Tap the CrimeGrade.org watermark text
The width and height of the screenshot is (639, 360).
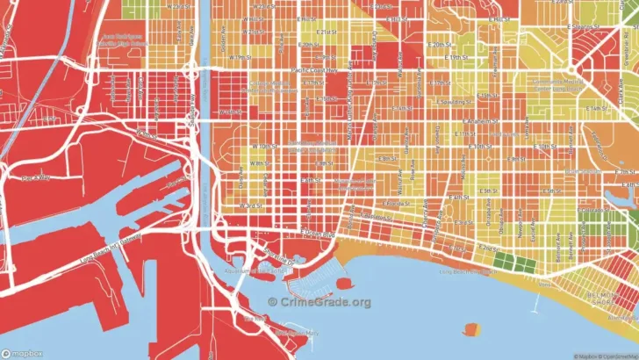point(319,301)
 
